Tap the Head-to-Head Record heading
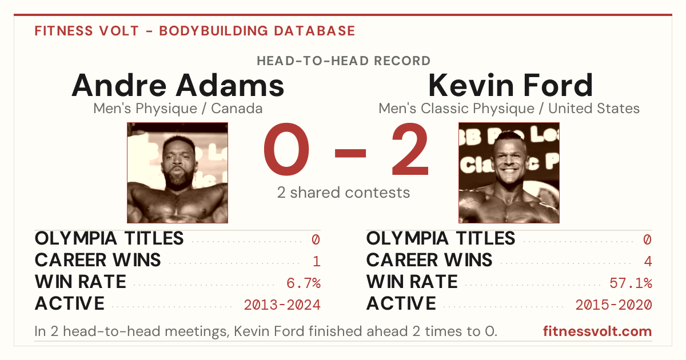(x=344, y=61)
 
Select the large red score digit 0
(x=286, y=149)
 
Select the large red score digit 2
(x=410, y=149)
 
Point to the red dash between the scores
(x=350, y=153)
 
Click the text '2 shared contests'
(x=344, y=193)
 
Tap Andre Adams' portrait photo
(x=178, y=173)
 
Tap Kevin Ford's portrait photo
(x=509, y=173)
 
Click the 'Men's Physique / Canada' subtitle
(x=178, y=109)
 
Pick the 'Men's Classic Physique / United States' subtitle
(x=509, y=109)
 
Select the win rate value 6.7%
(x=304, y=283)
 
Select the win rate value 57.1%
(x=631, y=283)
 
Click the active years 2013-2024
(x=282, y=305)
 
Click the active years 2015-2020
(x=614, y=305)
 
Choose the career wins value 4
(x=648, y=261)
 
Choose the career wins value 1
(x=317, y=261)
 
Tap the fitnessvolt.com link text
(x=597, y=331)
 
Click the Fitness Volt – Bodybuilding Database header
(x=195, y=31)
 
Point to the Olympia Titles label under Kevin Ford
(x=441, y=238)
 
